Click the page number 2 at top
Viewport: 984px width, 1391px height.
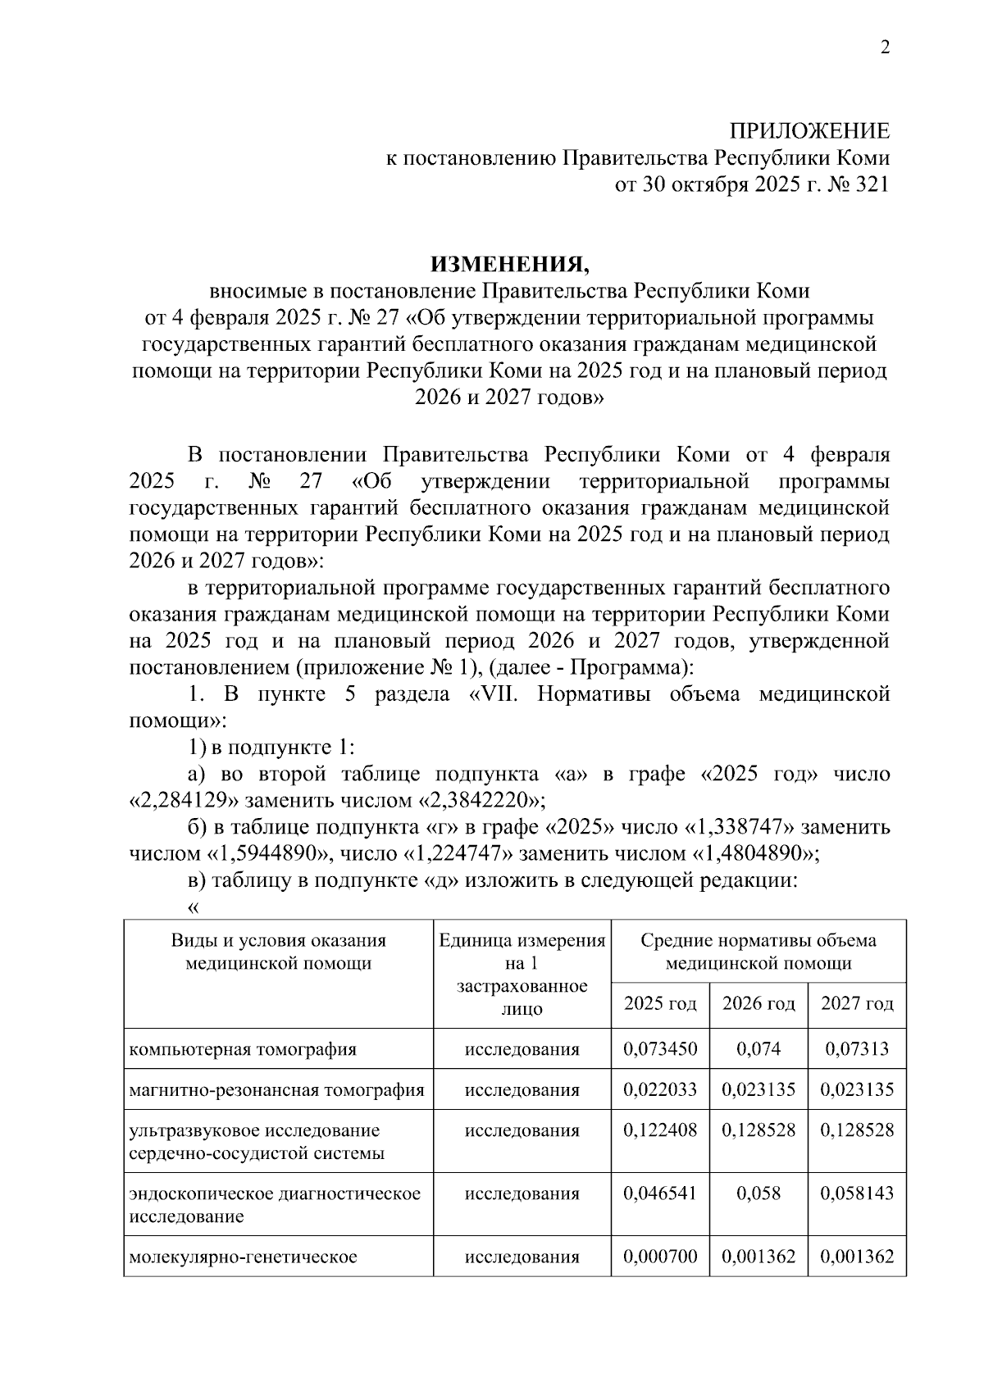pyautogui.click(x=884, y=48)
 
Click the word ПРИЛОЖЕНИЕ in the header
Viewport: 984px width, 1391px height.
pyautogui.click(x=809, y=131)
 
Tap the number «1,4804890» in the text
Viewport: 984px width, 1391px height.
pyautogui.click(x=756, y=853)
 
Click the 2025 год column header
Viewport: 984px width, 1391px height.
pyautogui.click(x=660, y=1004)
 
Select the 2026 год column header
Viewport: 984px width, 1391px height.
pyautogui.click(x=758, y=1004)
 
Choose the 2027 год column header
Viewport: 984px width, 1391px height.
pyautogui.click(x=857, y=1004)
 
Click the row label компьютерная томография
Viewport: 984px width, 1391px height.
pyautogui.click(x=243, y=1049)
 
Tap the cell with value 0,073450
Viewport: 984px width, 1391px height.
pyautogui.click(x=660, y=1049)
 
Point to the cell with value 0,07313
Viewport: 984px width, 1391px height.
pyautogui.click(x=857, y=1049)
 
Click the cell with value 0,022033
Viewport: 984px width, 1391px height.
pyautogui.click(x=660, y=1090)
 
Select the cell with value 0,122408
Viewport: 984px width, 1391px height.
pyautogui.click(x=660, y=1130)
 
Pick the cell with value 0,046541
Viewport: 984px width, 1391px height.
pyautogui.click(x=660, y=1193)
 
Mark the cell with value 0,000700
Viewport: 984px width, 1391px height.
pyautogui.click(x=660, y=1257)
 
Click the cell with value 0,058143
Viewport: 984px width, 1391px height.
pyautogui.click(x=857, y=1193)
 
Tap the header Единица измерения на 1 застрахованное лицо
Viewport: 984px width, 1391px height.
pyautogui.click(x=522, y=974)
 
